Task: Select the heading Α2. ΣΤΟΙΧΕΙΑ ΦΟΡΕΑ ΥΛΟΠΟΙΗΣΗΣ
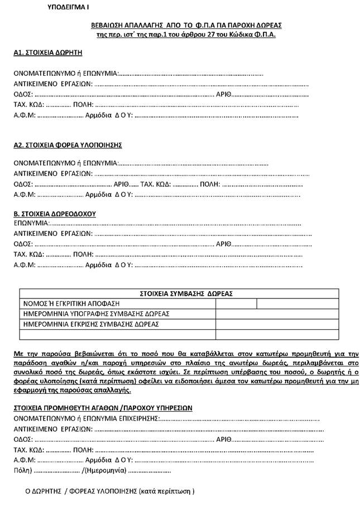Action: pos(68,145)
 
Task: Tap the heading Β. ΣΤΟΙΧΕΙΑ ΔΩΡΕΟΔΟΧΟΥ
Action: pos(55,213)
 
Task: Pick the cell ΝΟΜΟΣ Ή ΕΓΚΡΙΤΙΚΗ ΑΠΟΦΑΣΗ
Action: pos(71,303)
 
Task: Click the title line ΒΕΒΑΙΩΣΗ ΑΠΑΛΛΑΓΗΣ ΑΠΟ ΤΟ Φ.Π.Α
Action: pos(187,26)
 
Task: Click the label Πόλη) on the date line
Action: pos(23,471)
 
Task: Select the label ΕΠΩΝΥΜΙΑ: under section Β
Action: pos(32,223)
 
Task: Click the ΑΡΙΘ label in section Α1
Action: pos(223,94)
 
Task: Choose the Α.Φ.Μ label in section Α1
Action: pos(25,116)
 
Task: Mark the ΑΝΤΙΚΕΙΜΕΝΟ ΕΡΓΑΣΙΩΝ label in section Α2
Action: pos(52,173)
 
